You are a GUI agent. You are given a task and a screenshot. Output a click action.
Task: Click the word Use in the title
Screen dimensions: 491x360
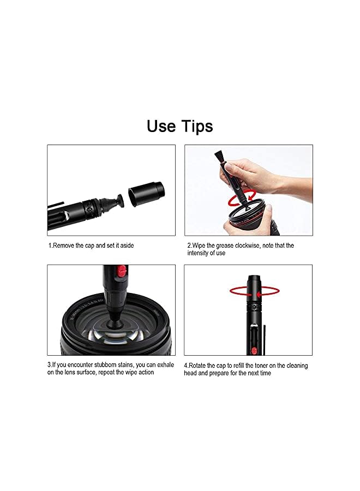point(160,126)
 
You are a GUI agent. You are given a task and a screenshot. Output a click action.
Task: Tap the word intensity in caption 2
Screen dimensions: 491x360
point(200,253)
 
